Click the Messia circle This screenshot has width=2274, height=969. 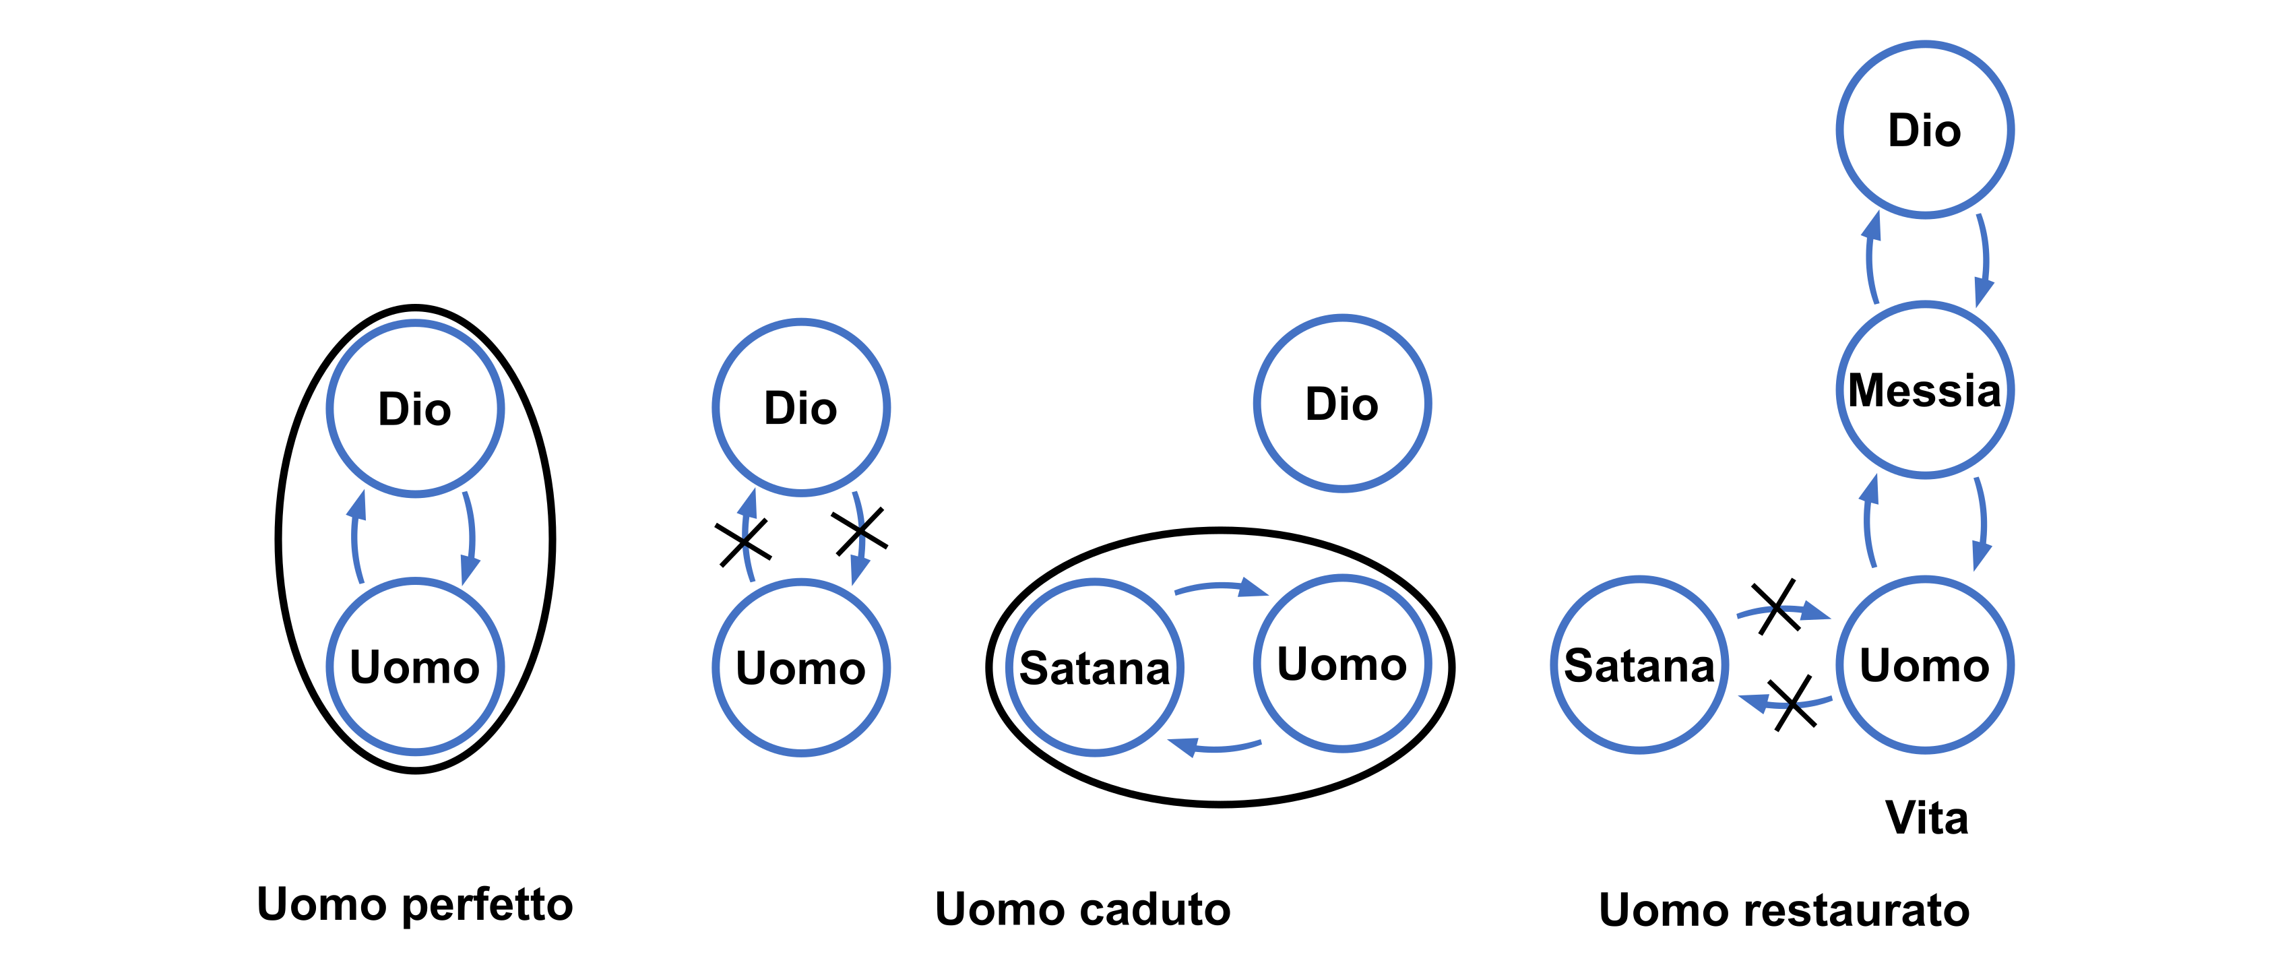click(1924, 390)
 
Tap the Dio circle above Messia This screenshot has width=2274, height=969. click(1924, 130)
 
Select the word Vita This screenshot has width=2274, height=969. click(1926, 817)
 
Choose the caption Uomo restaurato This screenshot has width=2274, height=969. click(1784, 910)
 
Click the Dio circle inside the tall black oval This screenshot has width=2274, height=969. click(415, 408)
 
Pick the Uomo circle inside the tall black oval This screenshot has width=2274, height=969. click(415, 666)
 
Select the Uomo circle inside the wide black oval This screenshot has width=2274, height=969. click(1341, 664)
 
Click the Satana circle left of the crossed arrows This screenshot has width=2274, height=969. click(1639, 664)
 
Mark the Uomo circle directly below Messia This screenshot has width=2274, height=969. click(1924, 664)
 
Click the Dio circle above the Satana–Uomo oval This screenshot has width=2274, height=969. click(1341, 404)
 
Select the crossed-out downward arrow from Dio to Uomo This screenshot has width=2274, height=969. click(859, 536)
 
